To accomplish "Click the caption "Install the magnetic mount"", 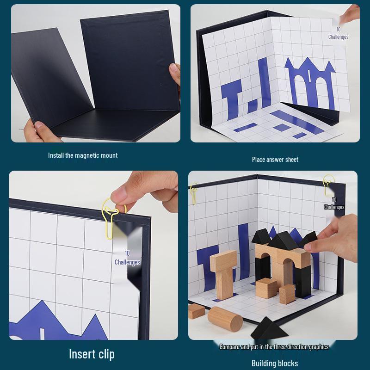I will [83, 155].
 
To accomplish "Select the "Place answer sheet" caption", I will [275, 160].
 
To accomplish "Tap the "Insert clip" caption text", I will [92, 354].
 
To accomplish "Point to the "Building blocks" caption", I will [274, 363].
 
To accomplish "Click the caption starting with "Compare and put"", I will [274, 347].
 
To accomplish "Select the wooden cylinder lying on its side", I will [225, 318].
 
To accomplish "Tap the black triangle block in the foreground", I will [269, 329].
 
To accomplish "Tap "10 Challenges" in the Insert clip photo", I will [127, 258].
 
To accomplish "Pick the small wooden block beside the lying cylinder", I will [196, 311].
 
